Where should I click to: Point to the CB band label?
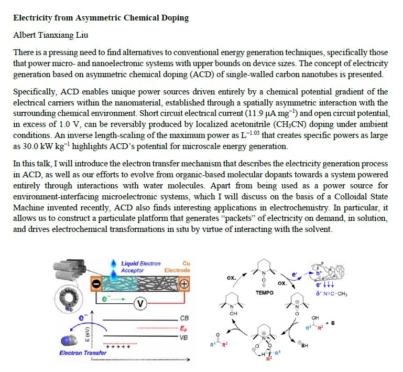(x=184, y=318)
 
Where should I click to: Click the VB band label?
(x=184, y=337)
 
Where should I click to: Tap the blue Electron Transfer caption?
(x=83, y=353)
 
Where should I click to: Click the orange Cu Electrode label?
(x=178, y=267)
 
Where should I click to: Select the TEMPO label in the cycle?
(x=264, y=292)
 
